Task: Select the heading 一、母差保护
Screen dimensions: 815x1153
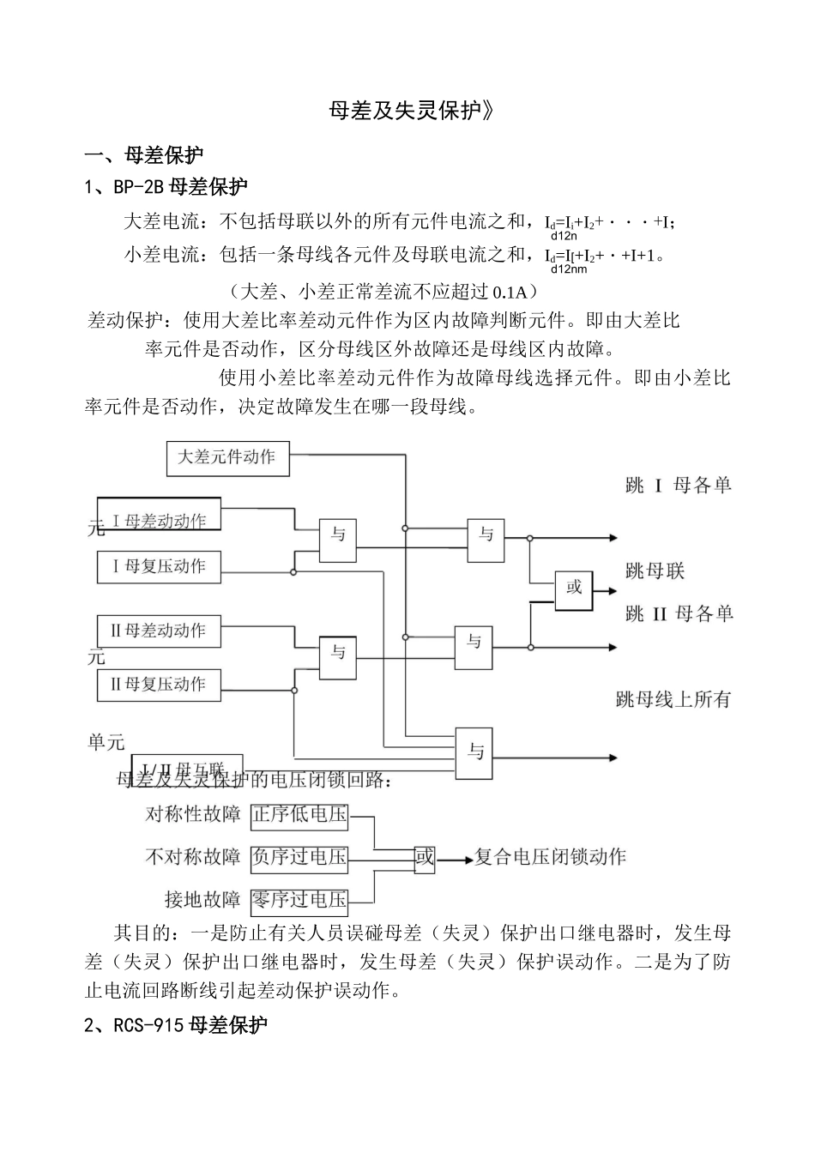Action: coord(144,155)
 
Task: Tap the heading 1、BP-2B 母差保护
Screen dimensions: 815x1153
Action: coord(166,186)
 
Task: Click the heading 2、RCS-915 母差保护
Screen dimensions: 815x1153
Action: coord(177,1024)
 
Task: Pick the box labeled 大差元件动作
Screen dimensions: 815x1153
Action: coord(227,457)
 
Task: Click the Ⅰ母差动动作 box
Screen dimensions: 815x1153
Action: coord(159,520)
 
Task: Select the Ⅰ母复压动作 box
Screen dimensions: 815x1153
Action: coord(159,566)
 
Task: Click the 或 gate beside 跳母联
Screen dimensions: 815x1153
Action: coord(574,589)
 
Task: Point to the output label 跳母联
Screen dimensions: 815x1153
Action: coord(655,571)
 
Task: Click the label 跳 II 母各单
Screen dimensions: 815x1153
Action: coord(679,614)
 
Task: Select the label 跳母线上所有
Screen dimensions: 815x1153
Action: coord(673,699)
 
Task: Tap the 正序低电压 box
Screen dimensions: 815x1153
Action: coord(300,814)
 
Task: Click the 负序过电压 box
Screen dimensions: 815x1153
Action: coord(300,856)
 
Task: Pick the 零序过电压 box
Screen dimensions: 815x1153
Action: coord(300,900)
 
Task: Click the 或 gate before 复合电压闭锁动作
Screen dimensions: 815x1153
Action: coord(425,856)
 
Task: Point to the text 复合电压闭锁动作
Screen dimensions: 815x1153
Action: coord(551,856)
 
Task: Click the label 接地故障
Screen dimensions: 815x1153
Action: coord(202,900)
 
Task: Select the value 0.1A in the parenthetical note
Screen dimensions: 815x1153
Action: coord(512,290)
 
